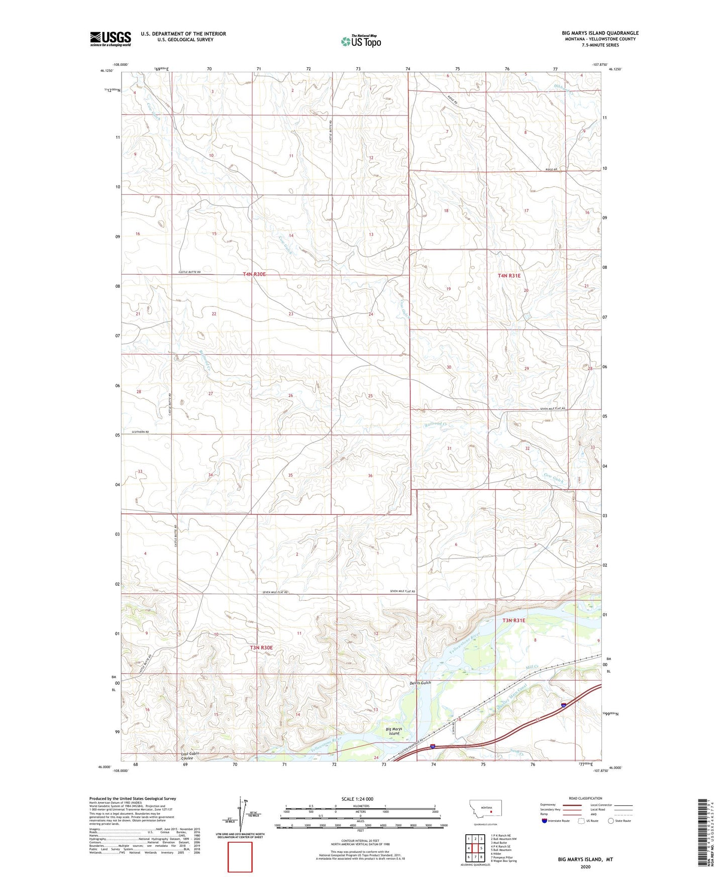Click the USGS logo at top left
pos(111,39)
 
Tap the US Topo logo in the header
pos(361,41)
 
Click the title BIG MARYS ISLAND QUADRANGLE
pos(600,33)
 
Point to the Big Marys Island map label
pos(394,731)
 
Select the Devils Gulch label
pos(420,683)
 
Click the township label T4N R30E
pos(254,274)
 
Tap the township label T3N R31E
pos(513,620)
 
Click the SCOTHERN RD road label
pos(140,432)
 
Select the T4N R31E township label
pos(509,276)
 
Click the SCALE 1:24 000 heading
pos(357,799)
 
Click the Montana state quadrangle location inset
pos(482,811)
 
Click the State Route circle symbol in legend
pos(611,821)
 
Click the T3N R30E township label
pos(261,647)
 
